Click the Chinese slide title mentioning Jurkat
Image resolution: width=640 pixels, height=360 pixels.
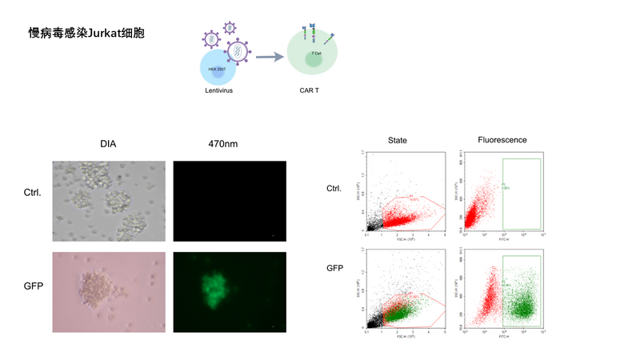pos(87,34)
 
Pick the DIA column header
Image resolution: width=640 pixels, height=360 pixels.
pos(109,144)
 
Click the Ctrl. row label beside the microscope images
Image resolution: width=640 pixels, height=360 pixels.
pos(33,193)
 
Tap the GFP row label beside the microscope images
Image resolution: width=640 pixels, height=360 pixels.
pos(33,285)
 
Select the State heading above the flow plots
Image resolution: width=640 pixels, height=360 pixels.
pos(397,141)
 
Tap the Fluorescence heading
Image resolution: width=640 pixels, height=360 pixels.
pos(502,141)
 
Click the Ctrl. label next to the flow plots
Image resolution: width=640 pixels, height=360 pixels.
pos(336,189)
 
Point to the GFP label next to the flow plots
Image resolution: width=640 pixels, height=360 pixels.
pos(335,267)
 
